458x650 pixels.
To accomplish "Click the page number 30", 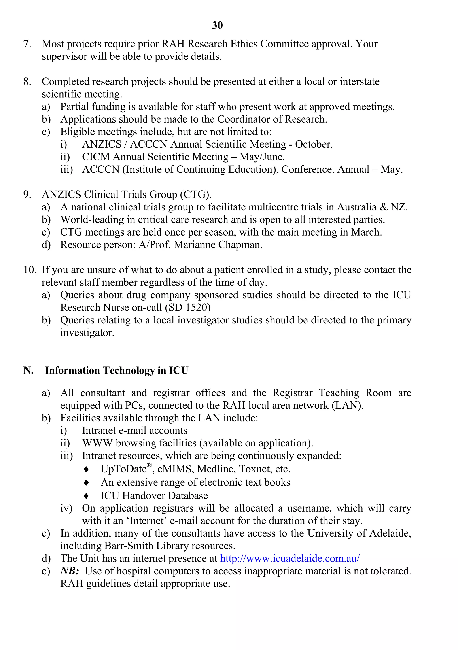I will (217, 25).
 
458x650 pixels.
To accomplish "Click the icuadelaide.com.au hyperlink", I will (290, 558).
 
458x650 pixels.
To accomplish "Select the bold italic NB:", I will (70, 571).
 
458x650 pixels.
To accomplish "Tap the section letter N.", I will (28, 370).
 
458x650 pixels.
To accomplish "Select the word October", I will (313, 144).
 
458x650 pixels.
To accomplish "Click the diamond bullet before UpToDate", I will (87, 469).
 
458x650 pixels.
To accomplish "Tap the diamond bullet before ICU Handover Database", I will (87, 496).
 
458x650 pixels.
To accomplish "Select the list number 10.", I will (30, 270).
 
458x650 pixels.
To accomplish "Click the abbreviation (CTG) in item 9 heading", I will (196, 195).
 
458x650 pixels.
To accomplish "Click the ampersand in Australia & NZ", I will (384, 207).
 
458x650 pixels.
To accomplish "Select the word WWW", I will (97, 443).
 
